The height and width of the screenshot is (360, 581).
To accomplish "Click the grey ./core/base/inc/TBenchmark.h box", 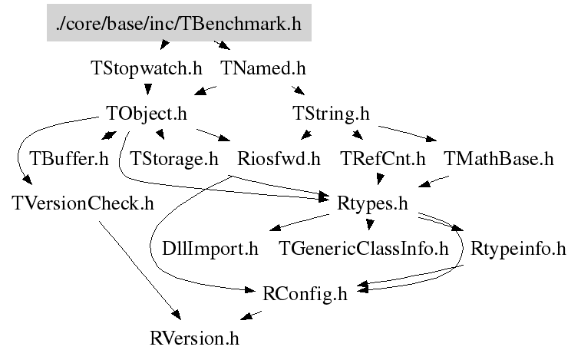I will click(x=178, y=24).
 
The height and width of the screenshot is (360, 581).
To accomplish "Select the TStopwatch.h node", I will click(x=146, y=68).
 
